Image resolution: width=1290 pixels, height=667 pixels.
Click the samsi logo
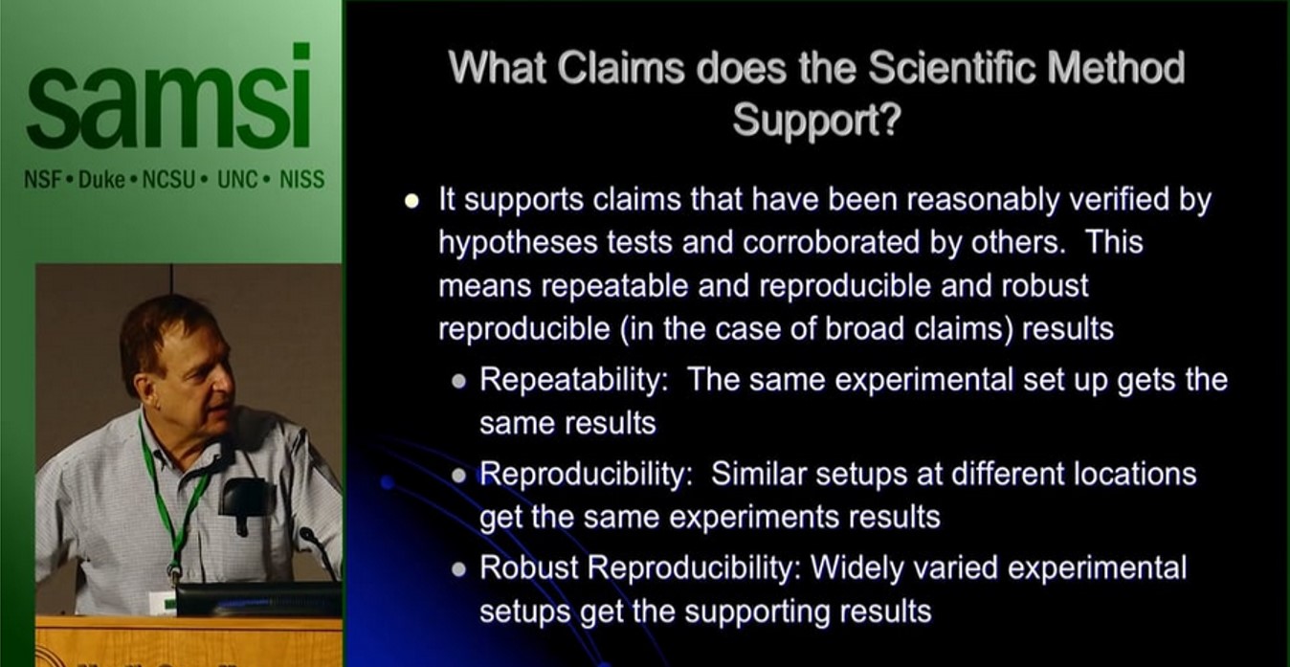pos(168,96)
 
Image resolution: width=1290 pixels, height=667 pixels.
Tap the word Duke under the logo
pos(101,180)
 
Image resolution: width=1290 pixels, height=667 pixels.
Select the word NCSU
pos(168,180)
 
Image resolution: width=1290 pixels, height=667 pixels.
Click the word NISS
pos(301,180)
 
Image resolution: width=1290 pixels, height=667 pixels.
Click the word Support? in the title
pos(816,121)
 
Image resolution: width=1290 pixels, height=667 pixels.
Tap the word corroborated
pos(831,242)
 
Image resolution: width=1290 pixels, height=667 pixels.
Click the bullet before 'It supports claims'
pos(411,200)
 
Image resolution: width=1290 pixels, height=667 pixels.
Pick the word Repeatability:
pos(574,381)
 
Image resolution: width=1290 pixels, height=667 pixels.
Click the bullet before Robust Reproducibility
pos(459,569)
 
